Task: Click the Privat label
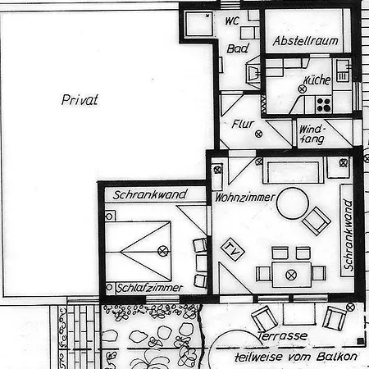(80, 100)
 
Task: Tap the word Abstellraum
(306, 41)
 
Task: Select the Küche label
(317, 80)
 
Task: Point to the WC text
(232, 20)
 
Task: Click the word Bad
(238, 48)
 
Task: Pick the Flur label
(243, 124)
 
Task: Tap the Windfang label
(312, 134)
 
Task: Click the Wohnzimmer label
(245, 198)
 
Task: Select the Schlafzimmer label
(149, 288)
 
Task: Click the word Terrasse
(282, 336)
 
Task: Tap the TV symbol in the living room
(233, 249)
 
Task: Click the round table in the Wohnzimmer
(293, 203)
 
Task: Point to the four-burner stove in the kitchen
(324, 105)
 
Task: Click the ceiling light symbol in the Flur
(258, 134)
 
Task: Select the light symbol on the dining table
(291, 275)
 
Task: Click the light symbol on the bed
(163, 251)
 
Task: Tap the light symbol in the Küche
(302, 89)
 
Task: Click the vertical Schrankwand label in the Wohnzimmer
(348, 235)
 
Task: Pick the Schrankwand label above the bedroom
(150, 194)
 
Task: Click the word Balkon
(337, 357)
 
